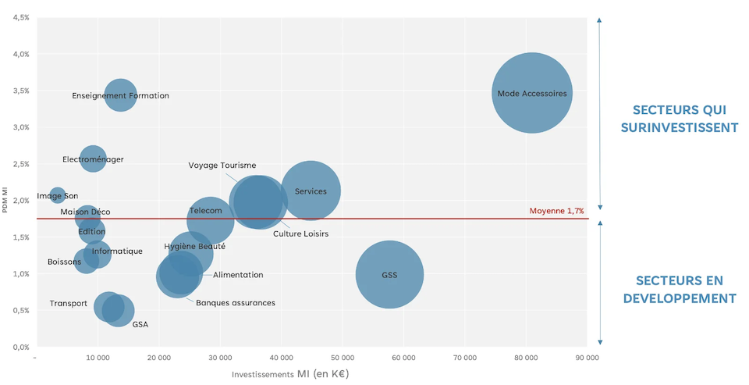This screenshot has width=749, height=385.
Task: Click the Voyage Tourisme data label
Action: pos(222,166)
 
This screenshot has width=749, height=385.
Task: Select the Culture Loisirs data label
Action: pos(300,233)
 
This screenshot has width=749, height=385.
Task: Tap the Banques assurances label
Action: pos(235,303)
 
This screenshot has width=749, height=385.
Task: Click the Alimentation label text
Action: pos(238,275)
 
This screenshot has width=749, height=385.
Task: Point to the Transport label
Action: pos(69,304)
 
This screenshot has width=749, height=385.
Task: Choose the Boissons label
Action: pos(64,262)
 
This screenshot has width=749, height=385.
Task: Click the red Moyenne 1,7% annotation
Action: pos(556,211)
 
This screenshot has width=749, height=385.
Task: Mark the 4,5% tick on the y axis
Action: pos(21,17)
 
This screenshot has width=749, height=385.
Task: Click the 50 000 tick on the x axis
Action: pos(343,358)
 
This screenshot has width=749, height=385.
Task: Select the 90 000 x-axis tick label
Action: pos(587,358)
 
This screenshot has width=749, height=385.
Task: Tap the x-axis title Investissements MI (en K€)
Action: pos(290,374)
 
